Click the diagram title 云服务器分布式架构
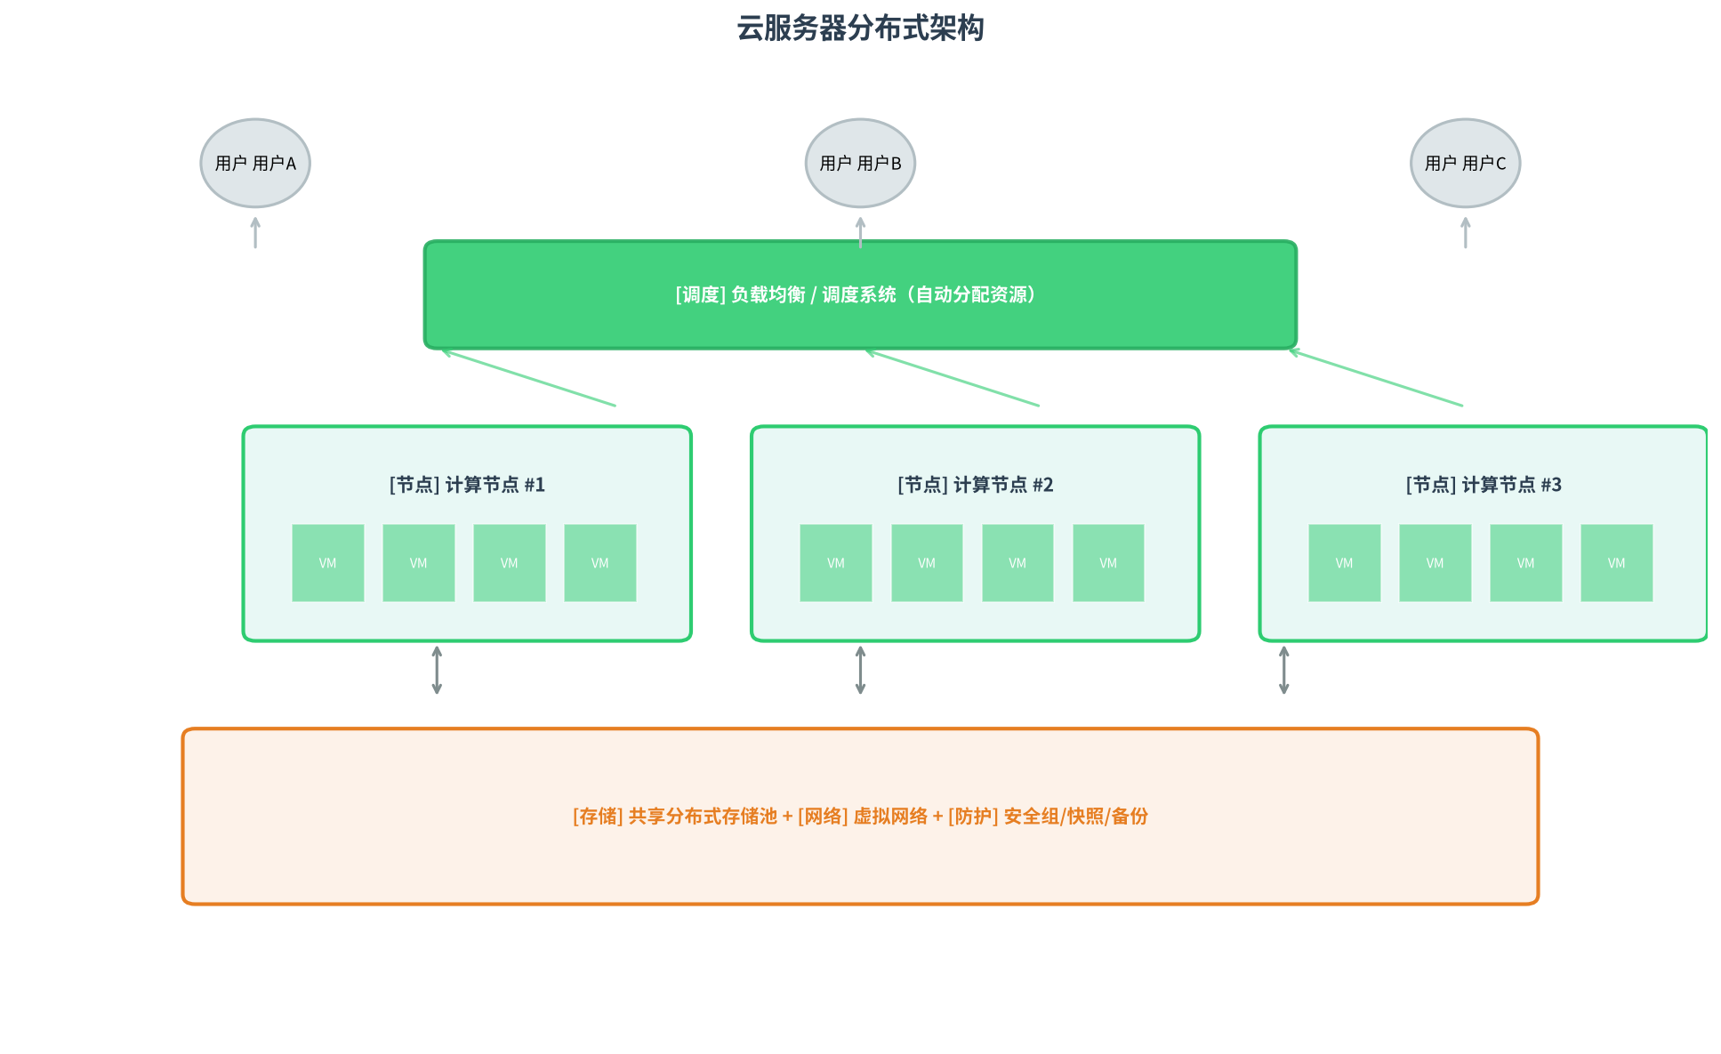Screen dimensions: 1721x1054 coord(860,28)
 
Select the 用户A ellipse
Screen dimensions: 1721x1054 coord(255,163)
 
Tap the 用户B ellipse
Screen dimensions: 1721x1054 coord(860,163)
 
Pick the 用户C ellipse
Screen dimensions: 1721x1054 coord(1465,163)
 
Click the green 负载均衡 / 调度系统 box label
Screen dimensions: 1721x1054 coord(856,294)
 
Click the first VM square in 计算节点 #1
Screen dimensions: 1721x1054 coord(328,563)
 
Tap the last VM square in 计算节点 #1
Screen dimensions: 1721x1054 coord(600,563)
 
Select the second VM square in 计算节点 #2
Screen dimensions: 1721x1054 coord(927,563)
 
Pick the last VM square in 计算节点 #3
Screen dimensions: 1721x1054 coord(1617,563)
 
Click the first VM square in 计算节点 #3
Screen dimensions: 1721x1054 coord(1345,563)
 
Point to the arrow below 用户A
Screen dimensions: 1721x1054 coord(255,232)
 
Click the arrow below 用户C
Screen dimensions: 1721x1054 coord(1466,232)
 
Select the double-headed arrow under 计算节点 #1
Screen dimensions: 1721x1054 coord(437,670)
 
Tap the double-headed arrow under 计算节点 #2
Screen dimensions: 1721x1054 coord(860,670)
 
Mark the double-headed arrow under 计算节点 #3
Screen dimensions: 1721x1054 coord(1283,670)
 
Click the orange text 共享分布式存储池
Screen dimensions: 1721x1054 coord(703,816)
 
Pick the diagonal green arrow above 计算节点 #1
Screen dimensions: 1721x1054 coord(528,378)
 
